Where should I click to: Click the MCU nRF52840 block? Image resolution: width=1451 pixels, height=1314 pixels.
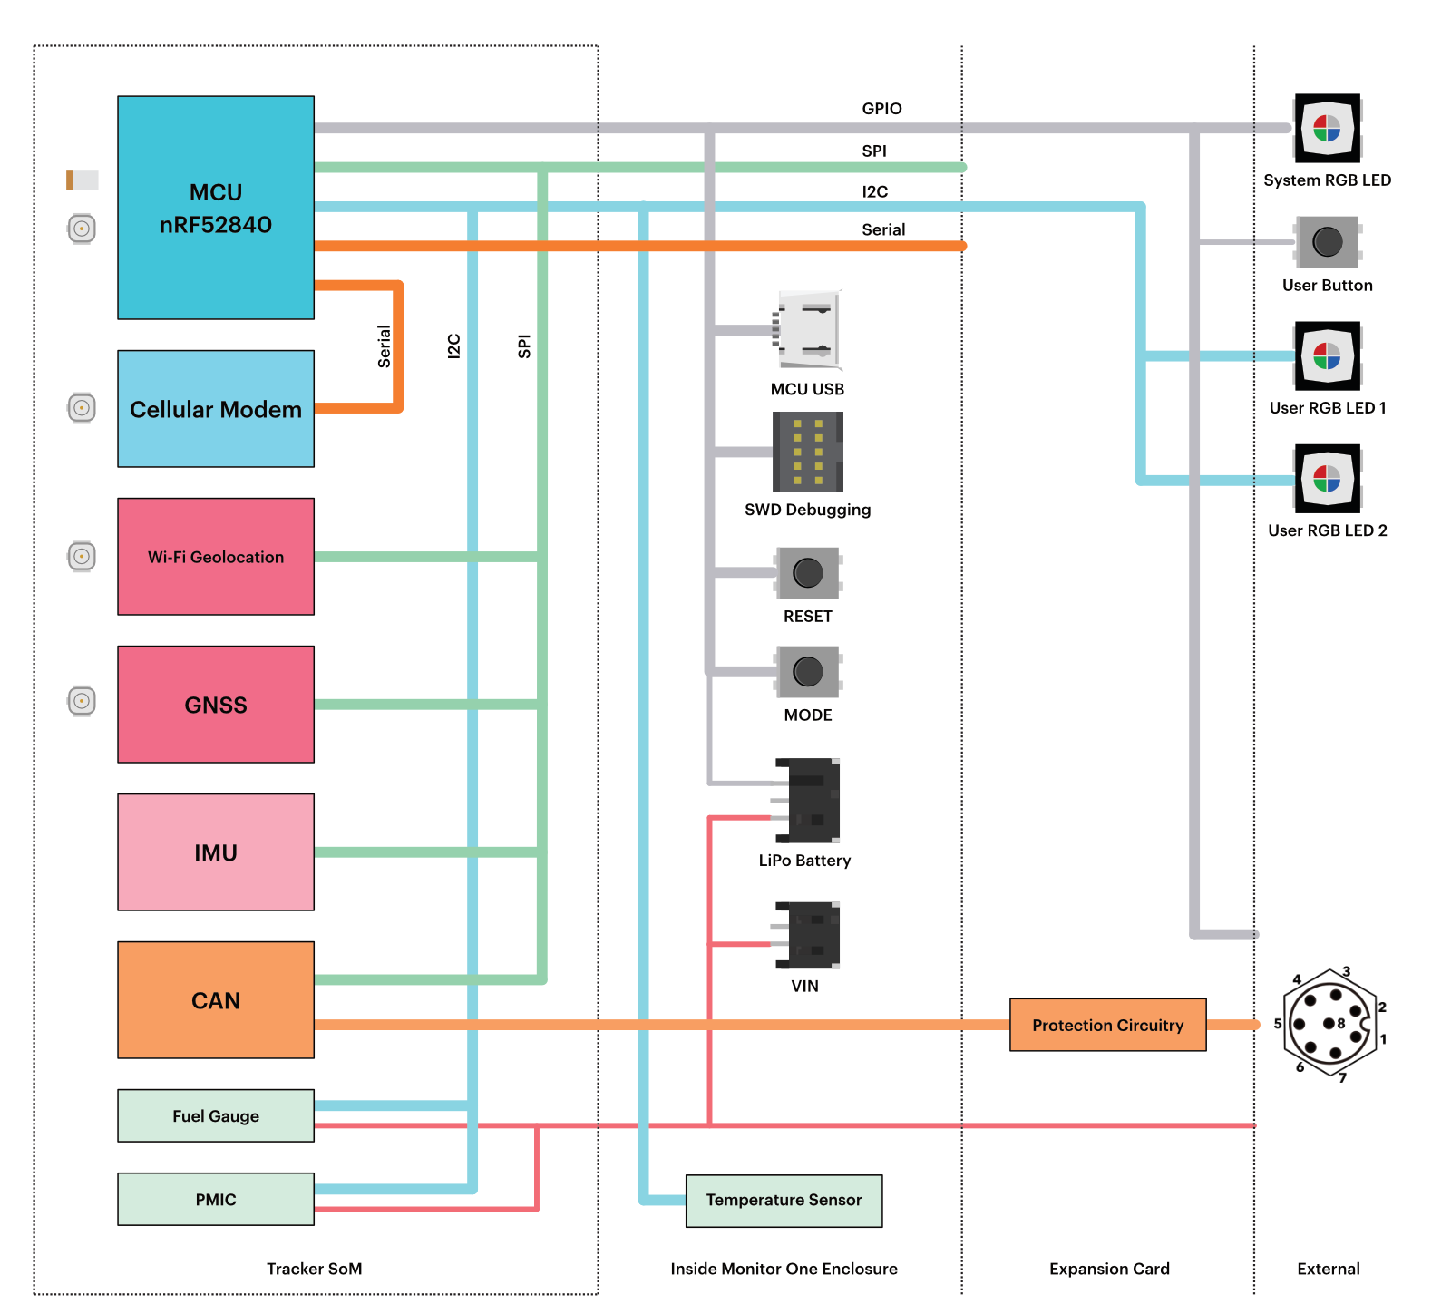(216, 208)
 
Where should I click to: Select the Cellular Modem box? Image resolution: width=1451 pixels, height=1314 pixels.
(216, 409)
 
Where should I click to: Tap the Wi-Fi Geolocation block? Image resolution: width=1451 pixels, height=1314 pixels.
(216, 557)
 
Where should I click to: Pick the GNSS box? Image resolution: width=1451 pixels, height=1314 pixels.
(216, 705)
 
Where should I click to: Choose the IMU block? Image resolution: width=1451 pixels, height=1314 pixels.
(216, 852)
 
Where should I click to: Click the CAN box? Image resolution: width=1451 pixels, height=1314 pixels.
(216, 1000)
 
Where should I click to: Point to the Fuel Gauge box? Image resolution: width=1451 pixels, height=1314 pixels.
(216, 1115)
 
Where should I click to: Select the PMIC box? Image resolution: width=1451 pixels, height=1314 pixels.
(216, 1199)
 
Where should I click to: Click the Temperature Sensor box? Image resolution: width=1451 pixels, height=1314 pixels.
(784, 1201)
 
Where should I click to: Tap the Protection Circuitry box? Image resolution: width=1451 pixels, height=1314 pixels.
(1108, 1025)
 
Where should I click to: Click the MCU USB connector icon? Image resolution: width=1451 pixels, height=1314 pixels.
(807, 330)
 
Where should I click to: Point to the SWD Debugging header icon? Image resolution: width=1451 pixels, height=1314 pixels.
(808, 452)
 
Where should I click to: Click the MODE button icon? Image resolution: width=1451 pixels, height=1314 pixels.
(808, 672)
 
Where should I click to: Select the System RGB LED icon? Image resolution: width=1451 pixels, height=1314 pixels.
(1328, 129)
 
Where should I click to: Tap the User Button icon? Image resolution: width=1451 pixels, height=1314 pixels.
(1328, 242)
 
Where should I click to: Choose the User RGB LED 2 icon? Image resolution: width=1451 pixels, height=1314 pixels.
(1328, 479)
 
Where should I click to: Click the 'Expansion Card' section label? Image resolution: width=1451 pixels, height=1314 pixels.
(1109, 1269)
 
